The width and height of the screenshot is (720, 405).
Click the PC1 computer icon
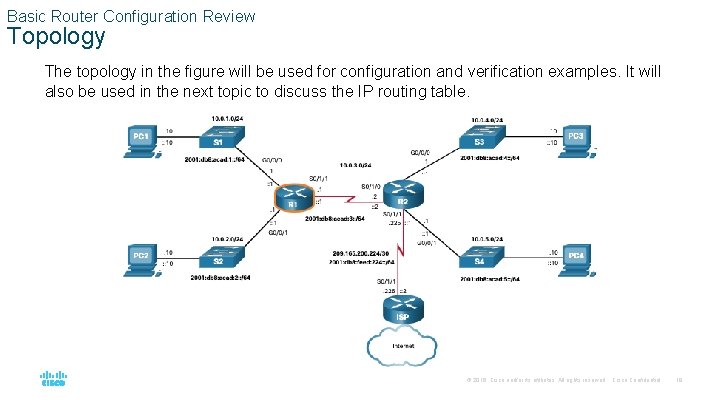tap(140, 139)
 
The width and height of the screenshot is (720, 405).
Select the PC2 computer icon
tap(140, 259)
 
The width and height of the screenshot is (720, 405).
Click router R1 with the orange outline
tap(293, 199)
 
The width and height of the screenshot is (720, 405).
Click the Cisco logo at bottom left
tap(52, 379)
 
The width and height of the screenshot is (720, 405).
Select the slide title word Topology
tap(56, 38)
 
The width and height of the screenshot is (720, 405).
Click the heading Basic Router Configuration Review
tap(131, 16)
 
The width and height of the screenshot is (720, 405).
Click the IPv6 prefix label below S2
tap(219, 277)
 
